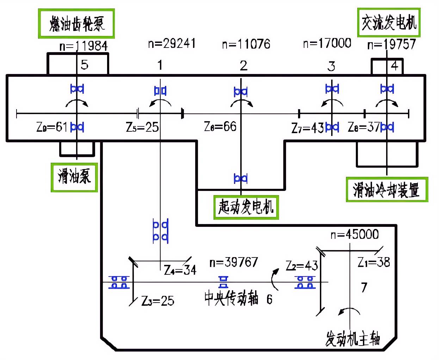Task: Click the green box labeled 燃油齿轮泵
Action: point(77,24)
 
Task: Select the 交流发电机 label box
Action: point(389,23)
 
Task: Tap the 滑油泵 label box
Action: point(74,177)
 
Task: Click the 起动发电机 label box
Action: point(246,207)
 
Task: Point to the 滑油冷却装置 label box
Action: point(387,190)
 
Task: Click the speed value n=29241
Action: point(172,43)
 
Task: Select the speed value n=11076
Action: point(246,44)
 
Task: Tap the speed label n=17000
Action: point(327,43)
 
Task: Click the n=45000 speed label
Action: point(354,235)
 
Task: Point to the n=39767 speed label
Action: point(234,262)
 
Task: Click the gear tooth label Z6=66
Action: point(220,126)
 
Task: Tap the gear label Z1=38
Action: point(374,262)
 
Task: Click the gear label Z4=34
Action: point(180,270)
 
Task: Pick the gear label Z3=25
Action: point(158,301)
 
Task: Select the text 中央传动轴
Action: point(231,299)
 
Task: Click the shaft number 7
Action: point(364,288)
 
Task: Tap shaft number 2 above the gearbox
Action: point(243,66)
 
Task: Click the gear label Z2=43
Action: point(302,265)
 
